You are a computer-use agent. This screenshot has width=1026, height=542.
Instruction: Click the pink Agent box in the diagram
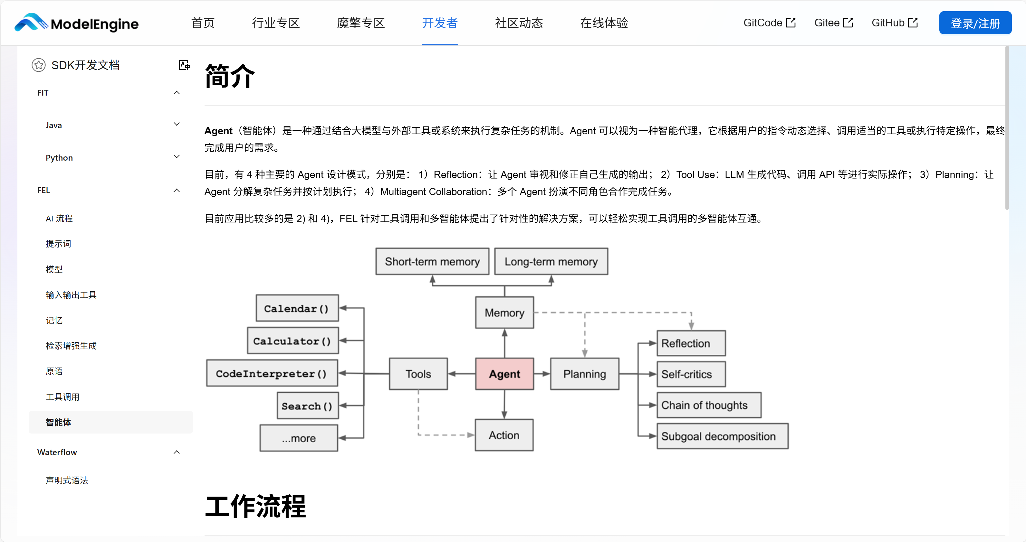click(504, 374)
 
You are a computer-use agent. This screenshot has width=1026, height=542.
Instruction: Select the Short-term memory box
click(432, 261)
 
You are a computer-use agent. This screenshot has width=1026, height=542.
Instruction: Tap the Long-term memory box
click(551, 261)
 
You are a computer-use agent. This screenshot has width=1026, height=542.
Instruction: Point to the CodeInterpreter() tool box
click(272, 373)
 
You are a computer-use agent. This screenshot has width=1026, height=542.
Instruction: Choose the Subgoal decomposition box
click(722, 436)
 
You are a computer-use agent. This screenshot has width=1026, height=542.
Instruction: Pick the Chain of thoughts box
click(709, 405)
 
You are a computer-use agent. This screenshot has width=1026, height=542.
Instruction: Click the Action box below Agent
click(504, 435)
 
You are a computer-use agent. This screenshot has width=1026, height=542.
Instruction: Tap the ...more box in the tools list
click(299, 438)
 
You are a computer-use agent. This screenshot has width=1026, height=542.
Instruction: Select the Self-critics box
click(691, 374)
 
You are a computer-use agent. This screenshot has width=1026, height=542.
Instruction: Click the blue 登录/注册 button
click(975, 23)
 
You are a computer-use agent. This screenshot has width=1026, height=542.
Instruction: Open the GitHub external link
click(894, 23)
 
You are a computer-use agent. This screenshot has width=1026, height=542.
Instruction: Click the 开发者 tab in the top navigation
click(440, 23)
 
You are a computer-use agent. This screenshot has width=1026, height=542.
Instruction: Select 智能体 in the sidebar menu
click(59, 422)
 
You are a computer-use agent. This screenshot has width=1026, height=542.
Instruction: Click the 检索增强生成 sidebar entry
click(71, 346)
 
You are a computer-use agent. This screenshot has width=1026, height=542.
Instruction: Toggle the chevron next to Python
click(177, 157)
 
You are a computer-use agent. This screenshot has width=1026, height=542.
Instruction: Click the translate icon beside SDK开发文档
click(184, 65)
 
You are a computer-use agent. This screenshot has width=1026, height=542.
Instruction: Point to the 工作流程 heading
click(255, 507)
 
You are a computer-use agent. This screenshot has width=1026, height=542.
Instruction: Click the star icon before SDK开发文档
click(39, 65)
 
